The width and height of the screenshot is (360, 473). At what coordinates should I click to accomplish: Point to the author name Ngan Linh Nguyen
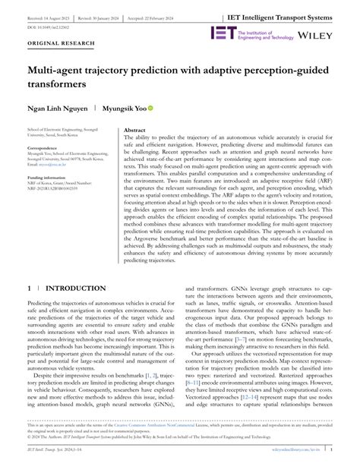tap(57, 108)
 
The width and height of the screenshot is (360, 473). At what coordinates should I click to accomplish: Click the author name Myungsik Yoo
tap(124, 108)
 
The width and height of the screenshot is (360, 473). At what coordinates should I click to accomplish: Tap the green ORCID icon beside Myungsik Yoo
tap(151, 108)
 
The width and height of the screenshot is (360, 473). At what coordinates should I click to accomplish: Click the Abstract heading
tap(134, 130)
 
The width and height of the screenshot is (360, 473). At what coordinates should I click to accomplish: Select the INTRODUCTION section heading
tap(75, 267)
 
